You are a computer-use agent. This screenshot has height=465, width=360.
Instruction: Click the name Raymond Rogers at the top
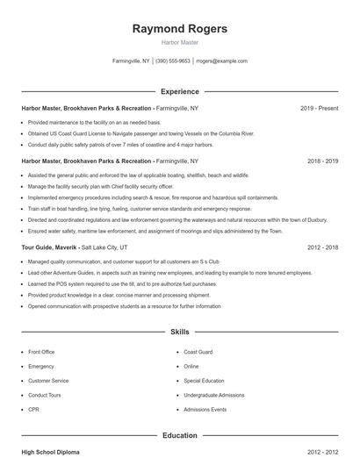coord(179,29)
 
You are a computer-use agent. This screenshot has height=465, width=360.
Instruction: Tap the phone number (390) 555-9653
coord(174,61)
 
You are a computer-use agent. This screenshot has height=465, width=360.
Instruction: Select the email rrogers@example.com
coord(221,61)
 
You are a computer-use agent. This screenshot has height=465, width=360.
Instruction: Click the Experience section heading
coord(179,91)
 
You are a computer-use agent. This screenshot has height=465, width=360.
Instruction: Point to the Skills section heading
coord(179,333)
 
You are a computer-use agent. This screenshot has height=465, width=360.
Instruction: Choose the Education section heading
coord(179,435)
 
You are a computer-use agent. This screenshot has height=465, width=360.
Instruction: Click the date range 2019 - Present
coord(319,108)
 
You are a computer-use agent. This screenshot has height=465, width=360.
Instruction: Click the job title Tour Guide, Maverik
coord(48,248)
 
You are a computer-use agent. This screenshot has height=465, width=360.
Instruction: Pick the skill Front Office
coord(41,352)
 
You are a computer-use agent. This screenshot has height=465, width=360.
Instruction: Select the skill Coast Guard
coord(198,352)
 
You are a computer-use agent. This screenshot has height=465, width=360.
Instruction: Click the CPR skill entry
coord(33,410)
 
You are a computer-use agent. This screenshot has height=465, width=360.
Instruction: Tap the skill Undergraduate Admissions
coord(213,396)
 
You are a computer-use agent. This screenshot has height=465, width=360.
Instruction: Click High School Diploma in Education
coord(50,452)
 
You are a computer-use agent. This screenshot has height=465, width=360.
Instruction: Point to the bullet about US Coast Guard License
coord(140,133)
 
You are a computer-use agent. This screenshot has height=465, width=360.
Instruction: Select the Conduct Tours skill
coord(45,396)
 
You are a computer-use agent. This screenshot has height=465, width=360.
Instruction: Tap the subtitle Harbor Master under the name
coord(179,42)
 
